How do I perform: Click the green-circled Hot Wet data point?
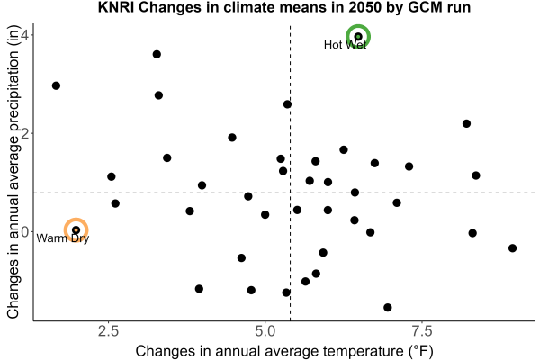pos(358,36)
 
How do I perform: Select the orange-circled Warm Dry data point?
pos(76,229)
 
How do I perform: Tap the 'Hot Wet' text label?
pos(345,45)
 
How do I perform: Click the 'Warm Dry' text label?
pos(63,238)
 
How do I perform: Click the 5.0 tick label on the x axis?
pos(265,331)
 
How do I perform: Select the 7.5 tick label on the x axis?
pos(422,331)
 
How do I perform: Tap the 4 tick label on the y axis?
pos(25,35)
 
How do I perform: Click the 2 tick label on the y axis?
pos(25,133)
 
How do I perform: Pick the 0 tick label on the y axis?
pos(25,232)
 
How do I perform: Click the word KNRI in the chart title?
pos(116,7)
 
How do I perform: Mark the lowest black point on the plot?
pos(387,307)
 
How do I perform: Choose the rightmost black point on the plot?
pos(512,248)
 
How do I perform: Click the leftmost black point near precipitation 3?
pos(56,85)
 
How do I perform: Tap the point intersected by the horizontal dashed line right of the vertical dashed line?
pos(355,193)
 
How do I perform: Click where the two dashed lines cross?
pos(291,193)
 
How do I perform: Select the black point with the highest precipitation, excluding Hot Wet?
pos(157,54)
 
